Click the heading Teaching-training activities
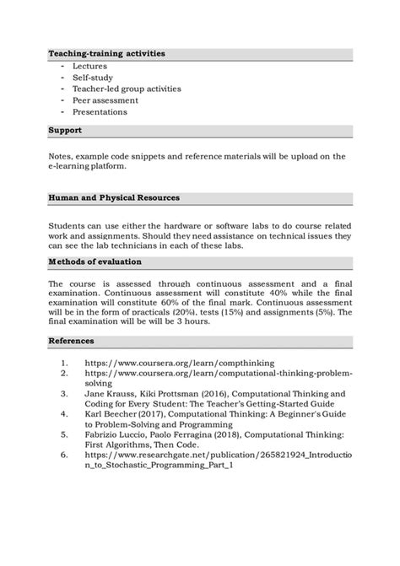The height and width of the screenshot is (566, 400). pyautogui.click(x=106, y=53)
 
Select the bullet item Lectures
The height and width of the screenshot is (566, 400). pyautogui.click(x=89, y=65)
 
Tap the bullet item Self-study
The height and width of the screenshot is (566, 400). pyautogui.click(x=92, y=77)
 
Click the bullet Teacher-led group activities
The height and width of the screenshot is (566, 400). pyautogui.click(x=127, y=89)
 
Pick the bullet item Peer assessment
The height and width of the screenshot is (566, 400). pyautogui.click(x=105, y=100)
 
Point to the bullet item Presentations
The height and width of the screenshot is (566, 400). pyautogui.click(x=100, y=112)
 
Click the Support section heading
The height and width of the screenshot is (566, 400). pyautogui.click(x=65, y=131)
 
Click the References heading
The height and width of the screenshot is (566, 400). pyautogui.click(x=71, y=341)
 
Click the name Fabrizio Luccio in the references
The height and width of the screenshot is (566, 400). pyautogui.click(x=117, y=434)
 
